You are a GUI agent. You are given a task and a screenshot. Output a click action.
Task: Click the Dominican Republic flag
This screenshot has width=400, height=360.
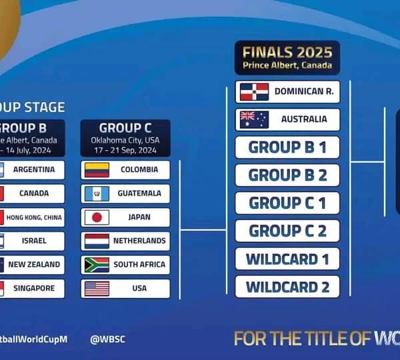point(254,91)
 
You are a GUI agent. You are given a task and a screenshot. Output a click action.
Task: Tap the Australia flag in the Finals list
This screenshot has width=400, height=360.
point(254,119)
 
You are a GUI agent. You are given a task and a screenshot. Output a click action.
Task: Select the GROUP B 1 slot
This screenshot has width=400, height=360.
point(287,147)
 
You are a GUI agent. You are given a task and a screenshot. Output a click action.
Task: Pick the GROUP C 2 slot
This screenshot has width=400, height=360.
point(287,231)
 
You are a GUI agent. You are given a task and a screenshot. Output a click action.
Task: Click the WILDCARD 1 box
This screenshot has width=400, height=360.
point(287,259)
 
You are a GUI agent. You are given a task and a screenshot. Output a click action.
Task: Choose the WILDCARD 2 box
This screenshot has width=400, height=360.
point(287,287)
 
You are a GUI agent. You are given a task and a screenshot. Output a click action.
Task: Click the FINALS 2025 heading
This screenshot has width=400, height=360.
point(287,52)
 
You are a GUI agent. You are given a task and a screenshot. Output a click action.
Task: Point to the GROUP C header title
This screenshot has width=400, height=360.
point(125,128)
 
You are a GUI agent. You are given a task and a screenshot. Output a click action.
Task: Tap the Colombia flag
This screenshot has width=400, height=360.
point(97,170)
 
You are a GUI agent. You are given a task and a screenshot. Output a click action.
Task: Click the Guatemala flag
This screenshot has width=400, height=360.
point(97,194)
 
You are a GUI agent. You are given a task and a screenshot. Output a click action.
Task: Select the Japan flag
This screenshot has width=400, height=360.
point(97,217)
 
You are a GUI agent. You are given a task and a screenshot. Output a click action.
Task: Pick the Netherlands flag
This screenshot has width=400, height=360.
point(97,241)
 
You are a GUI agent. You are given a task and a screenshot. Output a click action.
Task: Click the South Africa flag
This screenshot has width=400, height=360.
point(97,265)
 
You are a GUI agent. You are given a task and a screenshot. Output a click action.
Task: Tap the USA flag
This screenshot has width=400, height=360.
point(97,289)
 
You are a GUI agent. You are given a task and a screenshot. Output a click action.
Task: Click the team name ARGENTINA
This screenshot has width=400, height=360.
point(34,169)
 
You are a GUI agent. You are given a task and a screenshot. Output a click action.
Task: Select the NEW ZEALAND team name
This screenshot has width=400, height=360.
point(34,265)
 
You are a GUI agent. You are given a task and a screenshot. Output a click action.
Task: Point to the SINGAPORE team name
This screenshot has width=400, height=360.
point(31,289)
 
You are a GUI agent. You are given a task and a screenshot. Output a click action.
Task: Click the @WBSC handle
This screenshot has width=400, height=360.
point(108,339)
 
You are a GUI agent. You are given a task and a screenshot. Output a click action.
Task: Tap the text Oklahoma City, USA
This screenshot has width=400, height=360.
point(125,141)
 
